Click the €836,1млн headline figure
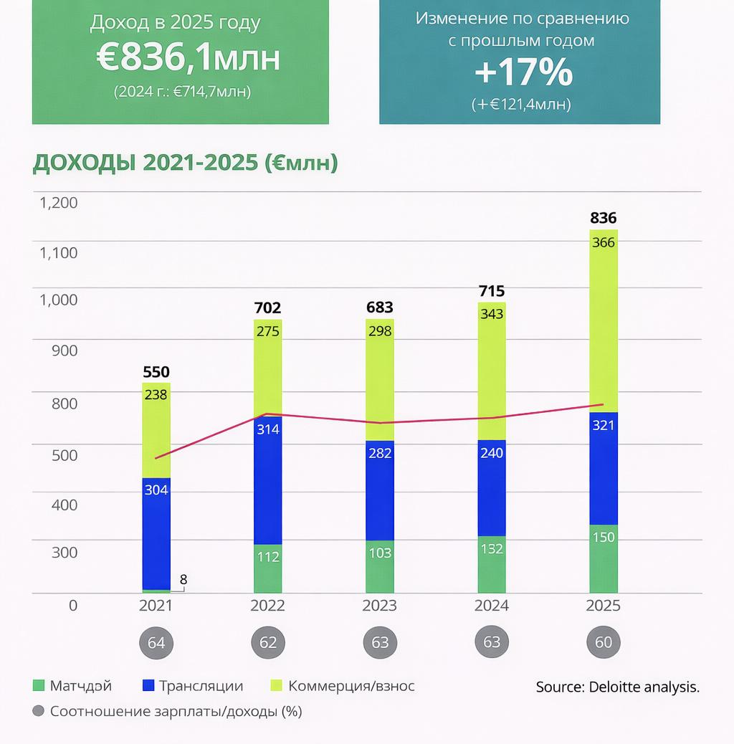pos(188,60)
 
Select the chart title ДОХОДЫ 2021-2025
pos(185,163)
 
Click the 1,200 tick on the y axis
pos(58,203)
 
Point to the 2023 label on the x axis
pos(379,606)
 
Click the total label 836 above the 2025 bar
pos(604,218)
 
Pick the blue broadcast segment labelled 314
pos(268,429)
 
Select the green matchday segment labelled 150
pos(604,537)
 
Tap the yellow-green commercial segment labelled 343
pos(492,314)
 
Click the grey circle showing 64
pos(156,642)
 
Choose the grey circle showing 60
pos(604,642)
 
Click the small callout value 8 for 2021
pos(183,578)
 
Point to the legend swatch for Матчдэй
pos(39,686)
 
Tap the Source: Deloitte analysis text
pos(617,687)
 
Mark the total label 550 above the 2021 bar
pos(156,372)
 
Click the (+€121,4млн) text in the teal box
pos(521,104)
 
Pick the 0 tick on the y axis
pos(72,606)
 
